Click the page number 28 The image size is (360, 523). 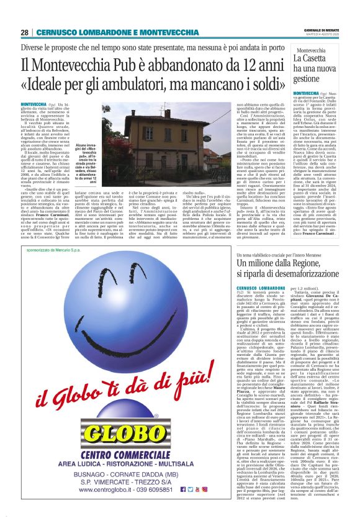point(24,32)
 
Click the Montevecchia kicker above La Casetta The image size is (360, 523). point(315,50)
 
